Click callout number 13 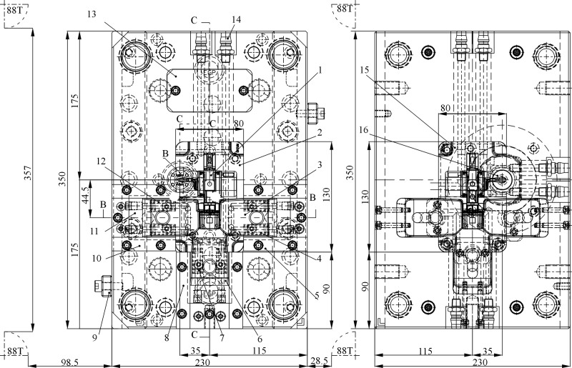[x=92, y=14]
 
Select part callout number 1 [x=321, y=70]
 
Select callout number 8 [x=166, y=339]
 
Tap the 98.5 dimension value [x=70, y=362]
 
